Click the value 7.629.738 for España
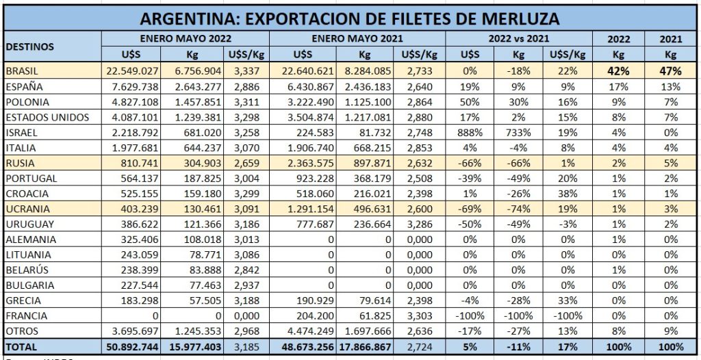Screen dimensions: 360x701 pos(134,86)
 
